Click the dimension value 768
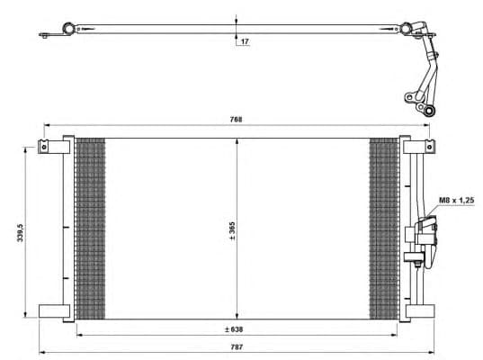236,119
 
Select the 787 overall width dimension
236,344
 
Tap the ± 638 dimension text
236,328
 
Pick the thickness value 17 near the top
244,41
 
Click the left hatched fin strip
89,228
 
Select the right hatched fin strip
384,228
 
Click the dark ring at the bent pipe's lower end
429,110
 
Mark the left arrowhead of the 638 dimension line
78,335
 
